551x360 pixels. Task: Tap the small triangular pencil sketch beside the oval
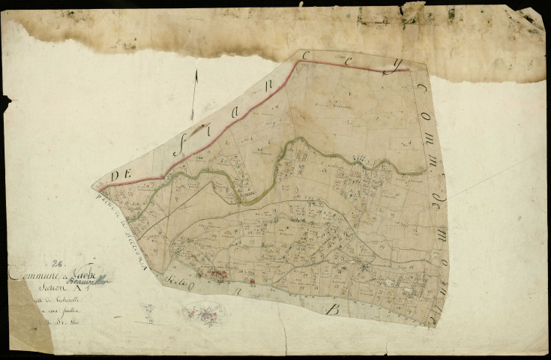tap(149, 313)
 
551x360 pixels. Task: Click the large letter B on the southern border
tap(335, 307)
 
